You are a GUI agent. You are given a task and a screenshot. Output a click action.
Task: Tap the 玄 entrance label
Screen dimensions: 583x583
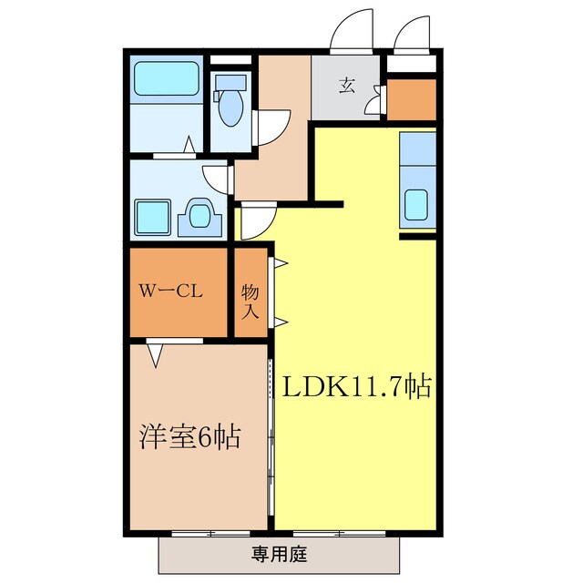click(347, 87)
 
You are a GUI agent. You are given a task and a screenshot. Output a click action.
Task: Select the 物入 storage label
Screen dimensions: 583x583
click(251, 302)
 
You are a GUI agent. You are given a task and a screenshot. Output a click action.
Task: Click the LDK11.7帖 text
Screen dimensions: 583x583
click(354, 387)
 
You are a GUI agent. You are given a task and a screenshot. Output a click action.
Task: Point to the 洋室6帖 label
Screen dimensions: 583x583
click(189, 437)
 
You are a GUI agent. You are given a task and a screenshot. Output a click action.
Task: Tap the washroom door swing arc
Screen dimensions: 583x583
click(217, 177)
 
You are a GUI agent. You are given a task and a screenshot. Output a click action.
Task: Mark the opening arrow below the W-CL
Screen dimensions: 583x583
click(157, 355)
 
